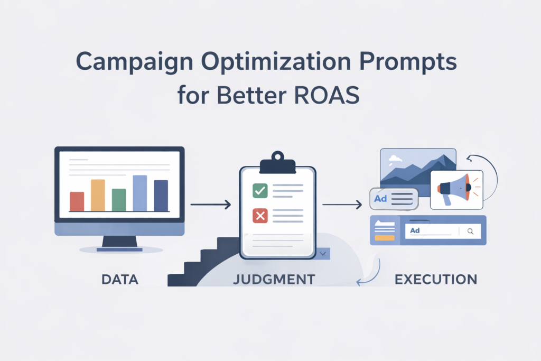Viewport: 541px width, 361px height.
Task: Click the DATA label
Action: coord(119,279)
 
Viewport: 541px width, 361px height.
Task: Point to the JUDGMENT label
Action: coord(274,279)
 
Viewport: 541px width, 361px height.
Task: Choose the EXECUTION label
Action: coord(436,279)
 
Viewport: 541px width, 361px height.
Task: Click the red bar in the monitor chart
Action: coord(77,201)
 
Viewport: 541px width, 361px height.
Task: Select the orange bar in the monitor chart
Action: coord(98,195)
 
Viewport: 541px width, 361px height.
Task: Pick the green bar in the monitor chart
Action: coord(119,200)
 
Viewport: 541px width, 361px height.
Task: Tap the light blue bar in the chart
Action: coord(139,193)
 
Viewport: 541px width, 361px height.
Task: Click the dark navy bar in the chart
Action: coord(161,196)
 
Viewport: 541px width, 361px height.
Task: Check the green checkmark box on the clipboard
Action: coord(260,190)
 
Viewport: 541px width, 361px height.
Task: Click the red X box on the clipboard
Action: coord(260,215)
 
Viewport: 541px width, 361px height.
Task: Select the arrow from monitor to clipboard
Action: coord(210,204)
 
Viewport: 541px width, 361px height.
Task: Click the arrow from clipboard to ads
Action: coord(342,204)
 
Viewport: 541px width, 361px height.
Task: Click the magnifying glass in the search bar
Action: coord(470,231)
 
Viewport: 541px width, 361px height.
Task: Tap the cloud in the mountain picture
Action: coord(395,158)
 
